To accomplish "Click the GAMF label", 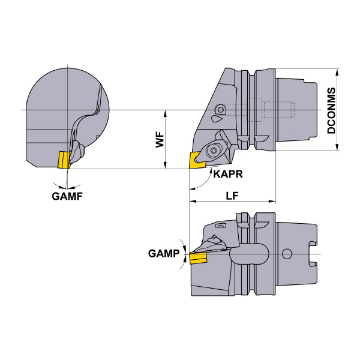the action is pos(67,196).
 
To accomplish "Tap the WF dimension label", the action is pos(160,140).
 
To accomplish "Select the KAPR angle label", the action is pos(228,174).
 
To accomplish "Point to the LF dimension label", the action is pos(232,196).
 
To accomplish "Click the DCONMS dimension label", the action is pos(331,110).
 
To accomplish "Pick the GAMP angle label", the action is pos(164,253).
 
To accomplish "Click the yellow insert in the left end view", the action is pos(64,160).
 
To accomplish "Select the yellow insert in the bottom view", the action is pos(198,258).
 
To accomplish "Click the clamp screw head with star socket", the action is pos(212,151).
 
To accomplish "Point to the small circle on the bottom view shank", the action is pos(287,254).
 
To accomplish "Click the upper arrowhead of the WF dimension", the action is pos(165,113).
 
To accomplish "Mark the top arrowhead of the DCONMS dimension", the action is pos(337,72).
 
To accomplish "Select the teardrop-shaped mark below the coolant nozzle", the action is pos(216,119).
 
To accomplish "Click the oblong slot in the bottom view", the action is pos(249,254).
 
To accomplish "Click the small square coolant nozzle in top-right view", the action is pos(220,110).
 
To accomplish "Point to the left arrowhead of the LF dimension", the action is pos(193,202).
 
